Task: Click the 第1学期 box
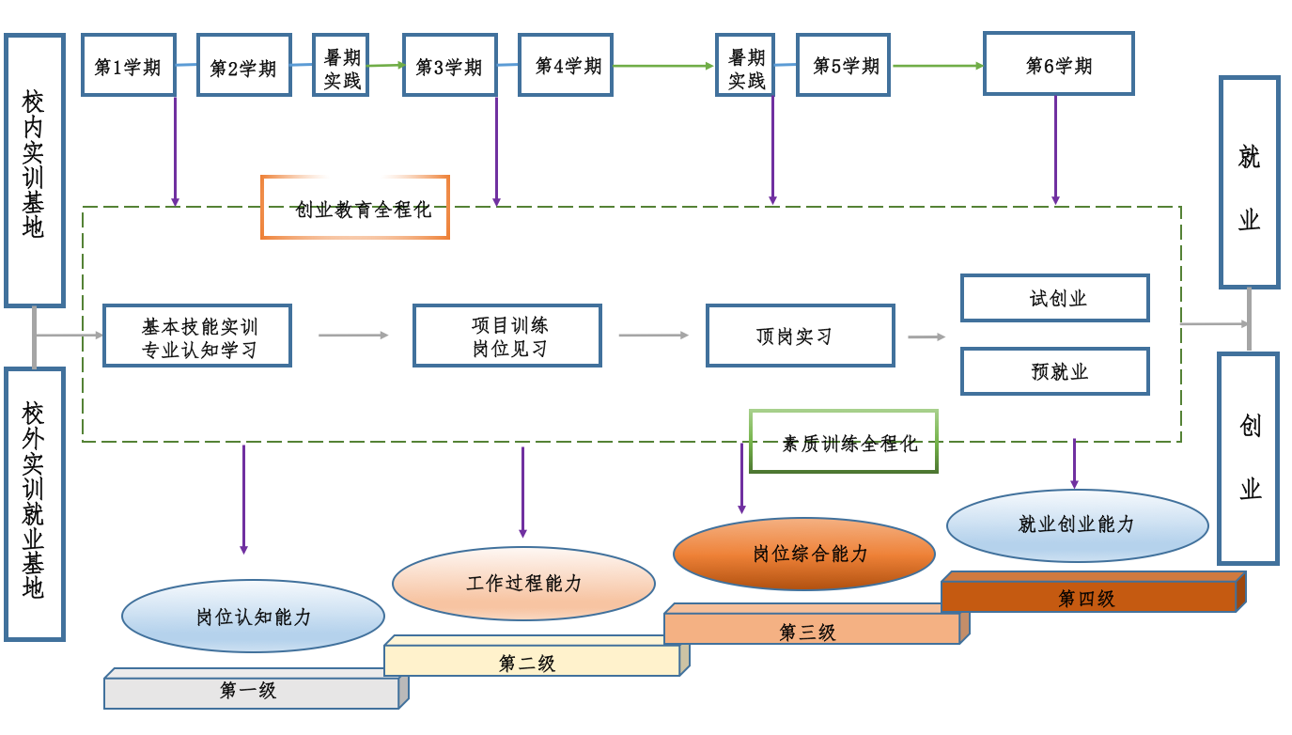(129, 66)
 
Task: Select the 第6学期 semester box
(1058, 64)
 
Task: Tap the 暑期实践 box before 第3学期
(341, 66)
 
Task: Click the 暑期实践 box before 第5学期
(746, 66)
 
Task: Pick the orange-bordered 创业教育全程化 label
(355, 208)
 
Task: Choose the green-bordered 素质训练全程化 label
(844, 442)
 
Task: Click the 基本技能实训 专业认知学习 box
(197, 336)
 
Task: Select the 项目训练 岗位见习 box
(507, 336)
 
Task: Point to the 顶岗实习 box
(800, 336)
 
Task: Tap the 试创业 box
(1054, 298)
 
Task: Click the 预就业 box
(1054, 371)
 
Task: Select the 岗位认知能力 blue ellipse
(253, 617)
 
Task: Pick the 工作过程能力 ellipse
(523, 583)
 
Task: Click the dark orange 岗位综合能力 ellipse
(804, 554)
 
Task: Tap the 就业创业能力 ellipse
(1077, 524)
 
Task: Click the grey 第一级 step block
(252, 692)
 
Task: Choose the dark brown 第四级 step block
(1088, 597)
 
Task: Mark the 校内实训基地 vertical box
(35, 170)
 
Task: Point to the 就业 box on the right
(1249, 182)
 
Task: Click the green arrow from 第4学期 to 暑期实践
(662, 66)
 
